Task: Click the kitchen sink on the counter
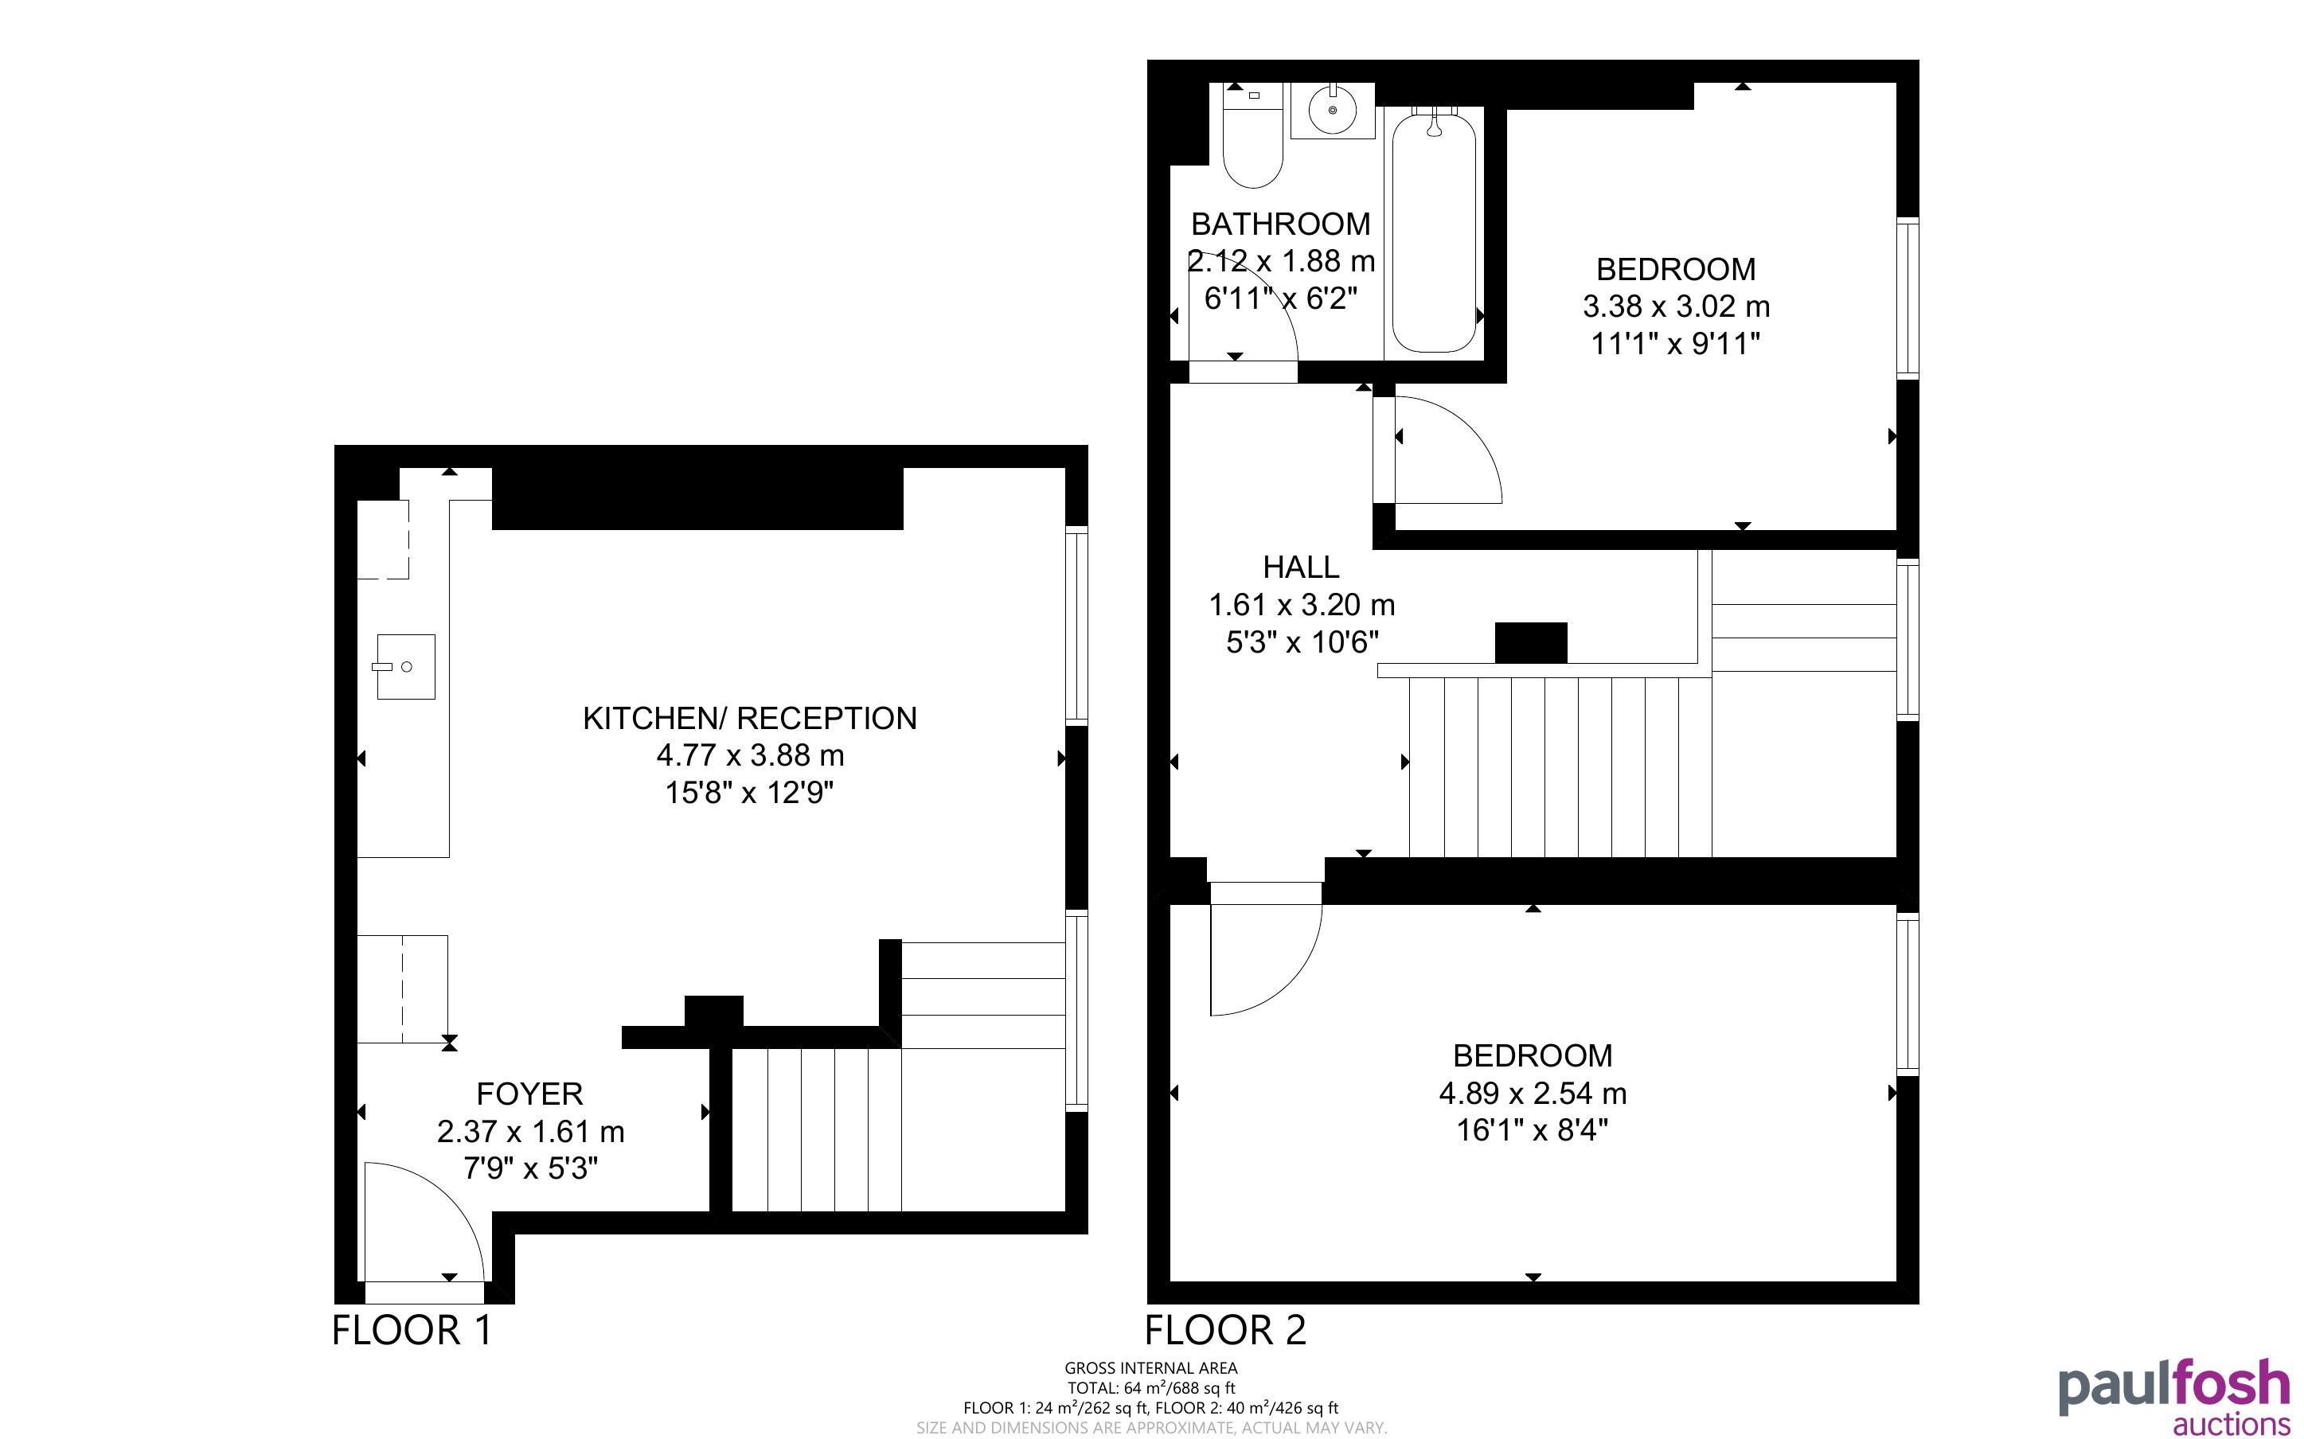(x=405, y=666)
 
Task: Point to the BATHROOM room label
(x=1281, y=224)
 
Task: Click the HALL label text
(x=1301, y=567)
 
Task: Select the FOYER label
(x=530, y=1094)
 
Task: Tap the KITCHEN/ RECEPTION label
(x=750, y=718)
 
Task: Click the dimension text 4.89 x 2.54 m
(x=1533, y=1094)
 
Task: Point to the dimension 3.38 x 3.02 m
(x=1676, y=306)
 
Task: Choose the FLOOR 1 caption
(x=412, y=1329)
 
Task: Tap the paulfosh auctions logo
(x=2173, y=1396)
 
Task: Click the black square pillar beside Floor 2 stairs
(x=1530, y=642)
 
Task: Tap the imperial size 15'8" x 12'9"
(x=749, y=792)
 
